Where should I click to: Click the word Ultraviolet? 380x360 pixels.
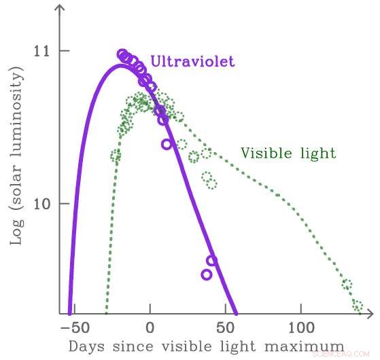192,62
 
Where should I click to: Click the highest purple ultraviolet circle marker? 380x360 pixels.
122,54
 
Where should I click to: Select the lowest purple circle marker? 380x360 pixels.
207,274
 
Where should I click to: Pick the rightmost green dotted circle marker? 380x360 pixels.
358,306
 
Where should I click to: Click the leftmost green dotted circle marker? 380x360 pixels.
116,156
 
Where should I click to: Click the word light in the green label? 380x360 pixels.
319,153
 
